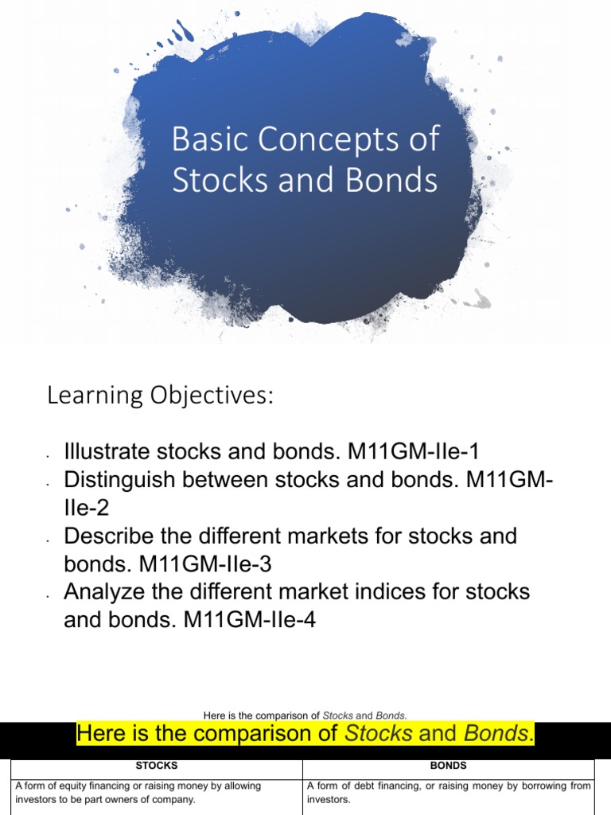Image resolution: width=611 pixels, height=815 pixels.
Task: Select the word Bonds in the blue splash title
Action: click(x=397, y=180)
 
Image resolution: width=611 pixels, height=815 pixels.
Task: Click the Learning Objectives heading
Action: click(x=160, y=395)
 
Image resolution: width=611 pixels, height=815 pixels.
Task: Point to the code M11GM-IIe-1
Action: click(x=414, y=452)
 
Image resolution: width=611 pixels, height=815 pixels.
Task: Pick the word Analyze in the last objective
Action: click(x=107, y=592)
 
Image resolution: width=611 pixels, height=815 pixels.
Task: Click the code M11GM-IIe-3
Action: click(x=206, y=564)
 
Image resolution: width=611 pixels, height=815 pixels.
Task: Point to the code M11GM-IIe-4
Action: click(x=250, y=620)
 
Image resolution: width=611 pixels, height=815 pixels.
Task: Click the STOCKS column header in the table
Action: click(x=157, y=766)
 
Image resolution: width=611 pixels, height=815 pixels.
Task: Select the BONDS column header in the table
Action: click(x=448, y=766)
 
